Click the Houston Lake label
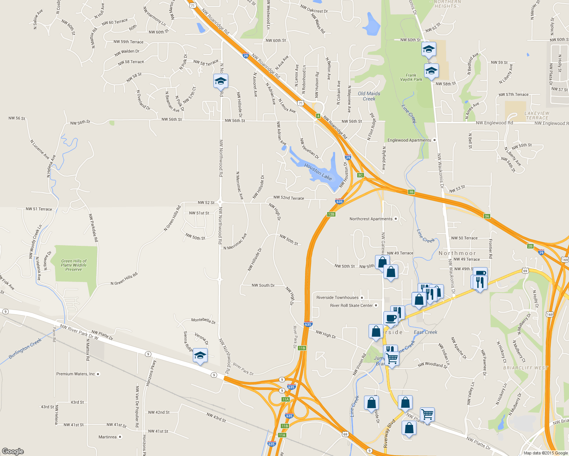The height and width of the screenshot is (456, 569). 318,172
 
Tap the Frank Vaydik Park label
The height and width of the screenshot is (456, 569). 411,78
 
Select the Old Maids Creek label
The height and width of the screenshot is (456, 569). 369,96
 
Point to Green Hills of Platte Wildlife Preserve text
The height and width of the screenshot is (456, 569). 73,265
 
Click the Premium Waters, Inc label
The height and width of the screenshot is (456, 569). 76,374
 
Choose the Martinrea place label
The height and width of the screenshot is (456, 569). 108,437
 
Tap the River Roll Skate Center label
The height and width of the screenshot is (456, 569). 351,306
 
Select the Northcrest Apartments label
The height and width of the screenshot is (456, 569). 371,219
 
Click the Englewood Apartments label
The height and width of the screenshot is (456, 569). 409,140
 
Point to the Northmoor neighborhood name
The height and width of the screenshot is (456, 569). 457,253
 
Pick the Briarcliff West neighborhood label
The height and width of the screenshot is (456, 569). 525,368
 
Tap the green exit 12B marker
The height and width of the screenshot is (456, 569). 331,214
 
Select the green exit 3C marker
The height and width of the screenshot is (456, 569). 361,175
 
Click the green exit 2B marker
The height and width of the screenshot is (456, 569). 530,246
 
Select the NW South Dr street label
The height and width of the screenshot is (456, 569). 263,285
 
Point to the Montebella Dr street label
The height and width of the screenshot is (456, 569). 203,320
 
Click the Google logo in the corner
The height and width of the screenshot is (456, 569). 13,451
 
